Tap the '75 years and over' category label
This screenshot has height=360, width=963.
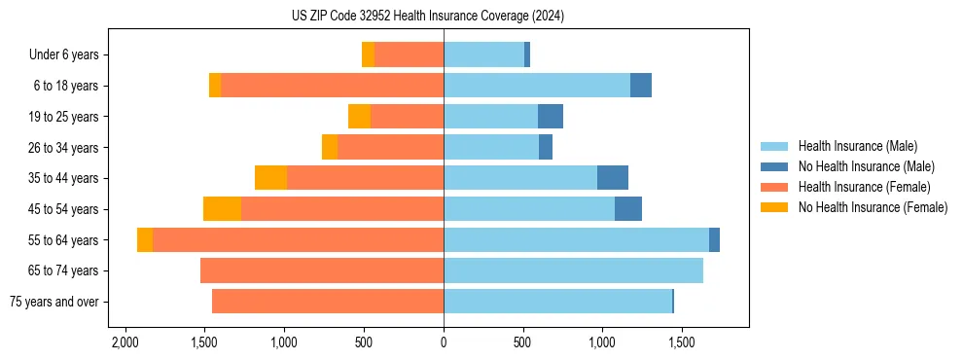point(54,302)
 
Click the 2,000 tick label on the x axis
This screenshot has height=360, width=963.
point(125,343)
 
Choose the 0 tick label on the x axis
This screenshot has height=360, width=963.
point(444,343)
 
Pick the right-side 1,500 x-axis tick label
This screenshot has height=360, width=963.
point(682,343)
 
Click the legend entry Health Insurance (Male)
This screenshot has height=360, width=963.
point(857,146)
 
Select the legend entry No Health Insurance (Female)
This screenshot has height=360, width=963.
point(873,207)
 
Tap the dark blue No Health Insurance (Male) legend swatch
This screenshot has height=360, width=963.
point(776,166)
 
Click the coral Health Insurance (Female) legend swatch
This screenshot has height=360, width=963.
point(776,187)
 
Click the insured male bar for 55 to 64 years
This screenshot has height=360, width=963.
point(576,239)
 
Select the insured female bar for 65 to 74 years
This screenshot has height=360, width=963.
point(322,270)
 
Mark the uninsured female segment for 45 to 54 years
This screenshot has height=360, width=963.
point(222,209)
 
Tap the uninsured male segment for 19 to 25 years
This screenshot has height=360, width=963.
point(551,117)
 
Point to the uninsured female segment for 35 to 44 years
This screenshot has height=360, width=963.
point(270,178)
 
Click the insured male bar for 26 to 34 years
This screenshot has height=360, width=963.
point(491,147)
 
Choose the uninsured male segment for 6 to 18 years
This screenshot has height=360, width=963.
point(641,86)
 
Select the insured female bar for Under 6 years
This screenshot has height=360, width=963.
point(409,54)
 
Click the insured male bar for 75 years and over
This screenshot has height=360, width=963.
point(557,302)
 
